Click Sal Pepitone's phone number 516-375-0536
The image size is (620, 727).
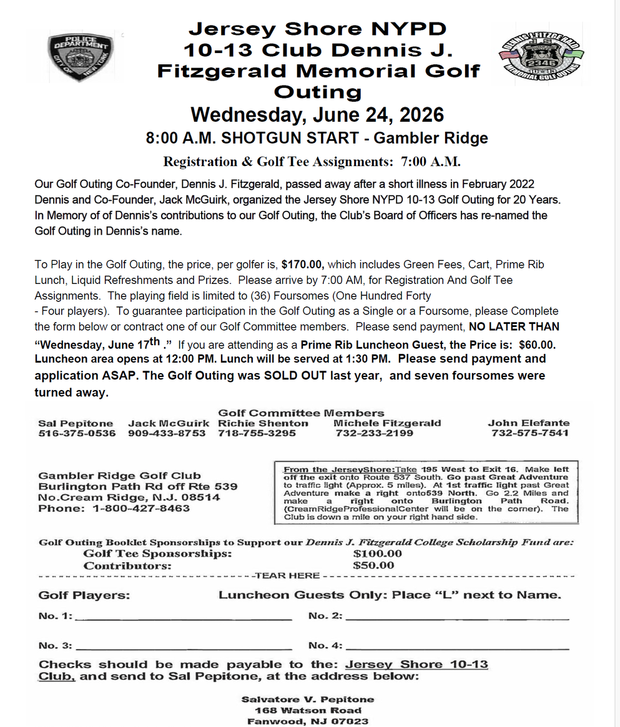click(77, 433)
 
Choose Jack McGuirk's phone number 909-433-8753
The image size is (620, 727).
click(167, 433)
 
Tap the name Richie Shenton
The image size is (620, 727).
click(263, 422)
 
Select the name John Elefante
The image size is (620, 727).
click(528, 422)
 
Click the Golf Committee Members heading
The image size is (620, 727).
click(301, 412)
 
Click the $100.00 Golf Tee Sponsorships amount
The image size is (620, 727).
click(377, 554)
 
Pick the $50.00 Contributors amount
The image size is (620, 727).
click(373, 565)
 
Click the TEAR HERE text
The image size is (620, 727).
click(287, 575)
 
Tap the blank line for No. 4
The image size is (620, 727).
click(457, 648)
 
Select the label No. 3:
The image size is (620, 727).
click(56, 645)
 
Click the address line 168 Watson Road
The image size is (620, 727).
click(308, 710)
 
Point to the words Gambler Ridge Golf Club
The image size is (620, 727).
click(119, 476)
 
